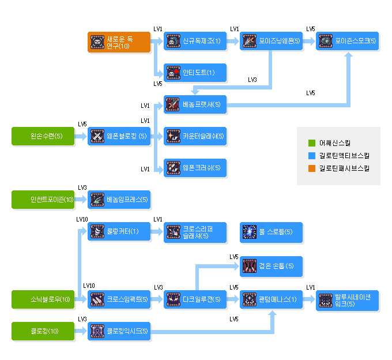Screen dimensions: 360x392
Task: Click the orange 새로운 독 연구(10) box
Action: click(x=119, y=42)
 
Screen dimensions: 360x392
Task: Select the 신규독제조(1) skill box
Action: click(x=195, y=42)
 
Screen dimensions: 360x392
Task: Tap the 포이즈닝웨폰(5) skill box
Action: click(x=271, y=42)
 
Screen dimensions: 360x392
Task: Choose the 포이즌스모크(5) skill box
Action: click(x=347, y=42)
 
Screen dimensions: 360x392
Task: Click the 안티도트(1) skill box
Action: click(x=195, y=73)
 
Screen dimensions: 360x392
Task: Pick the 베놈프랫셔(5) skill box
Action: click(x=195, y=104)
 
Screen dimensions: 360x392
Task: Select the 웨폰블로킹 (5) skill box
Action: click(x=119, y=136)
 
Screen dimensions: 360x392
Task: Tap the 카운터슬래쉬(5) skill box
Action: click(x=195, y=136)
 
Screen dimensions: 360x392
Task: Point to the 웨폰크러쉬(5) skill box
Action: click(x=195, y=167)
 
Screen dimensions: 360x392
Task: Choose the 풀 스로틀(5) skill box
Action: click(x=271, y=231)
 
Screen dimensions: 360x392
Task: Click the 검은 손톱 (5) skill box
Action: click(x=271, y=266)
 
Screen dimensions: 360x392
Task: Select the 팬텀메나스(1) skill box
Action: click(x=271, y=299)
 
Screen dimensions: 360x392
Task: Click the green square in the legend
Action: click(x=311, y=142)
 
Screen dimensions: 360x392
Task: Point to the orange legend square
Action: click(x=311, y=168)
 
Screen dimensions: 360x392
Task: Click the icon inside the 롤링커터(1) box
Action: click(x=97, y=231)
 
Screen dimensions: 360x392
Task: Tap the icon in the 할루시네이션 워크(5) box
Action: click(x=326, y=299)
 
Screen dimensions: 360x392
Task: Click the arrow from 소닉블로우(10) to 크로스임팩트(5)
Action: click(x=81, y=299)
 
